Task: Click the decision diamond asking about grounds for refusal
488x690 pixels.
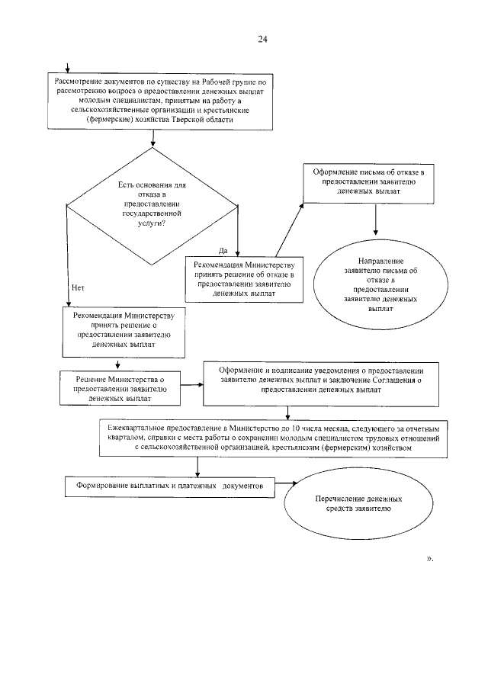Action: tap(153, 205)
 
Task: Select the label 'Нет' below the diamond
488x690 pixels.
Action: tap(76, 287)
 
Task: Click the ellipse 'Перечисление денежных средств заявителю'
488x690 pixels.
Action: tap(352, 502)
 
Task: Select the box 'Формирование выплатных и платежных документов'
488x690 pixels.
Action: tap(169, 486)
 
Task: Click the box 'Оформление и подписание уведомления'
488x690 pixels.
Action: tap(320, 379)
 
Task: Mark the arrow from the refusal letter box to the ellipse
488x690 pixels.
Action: tap(375, 220)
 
